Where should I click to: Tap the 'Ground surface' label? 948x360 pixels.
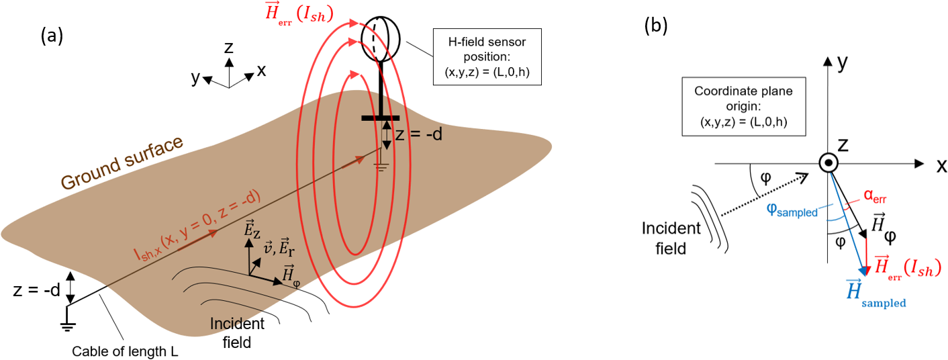pos(122,163)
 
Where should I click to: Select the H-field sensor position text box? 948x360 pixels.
pos(487,58)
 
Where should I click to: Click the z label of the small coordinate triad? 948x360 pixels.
pos(229,46)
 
